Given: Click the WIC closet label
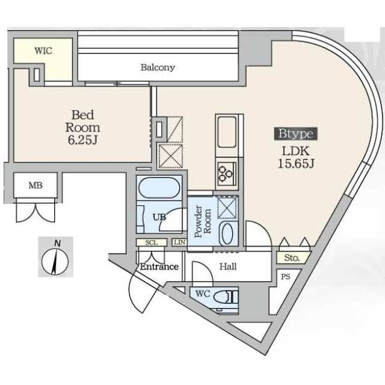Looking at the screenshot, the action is click(43, 51).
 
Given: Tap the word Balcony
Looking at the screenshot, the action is click(158, 67).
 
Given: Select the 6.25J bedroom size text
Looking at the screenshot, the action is click(83, 140).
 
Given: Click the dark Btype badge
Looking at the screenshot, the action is click(295, 134).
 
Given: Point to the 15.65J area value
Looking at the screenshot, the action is click(296, 164).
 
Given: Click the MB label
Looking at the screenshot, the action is click(35, 185).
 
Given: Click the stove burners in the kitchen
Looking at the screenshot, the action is click(225, 174).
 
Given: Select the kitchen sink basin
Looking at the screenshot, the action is click(227, 132).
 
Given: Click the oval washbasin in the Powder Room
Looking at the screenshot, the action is click(227, 233).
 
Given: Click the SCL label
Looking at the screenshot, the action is click(152, 243).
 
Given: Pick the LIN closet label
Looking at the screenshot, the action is click(180, 242).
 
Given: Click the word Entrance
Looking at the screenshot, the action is click(159, 266).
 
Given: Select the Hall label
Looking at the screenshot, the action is click(228, 266).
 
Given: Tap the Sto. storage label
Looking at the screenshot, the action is click(292, 258).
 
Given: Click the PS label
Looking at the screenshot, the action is click(286, 277).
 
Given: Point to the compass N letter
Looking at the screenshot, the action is click(57, 244).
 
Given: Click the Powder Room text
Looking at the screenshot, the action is click(203, 221).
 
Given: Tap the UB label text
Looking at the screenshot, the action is click(159, 217).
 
